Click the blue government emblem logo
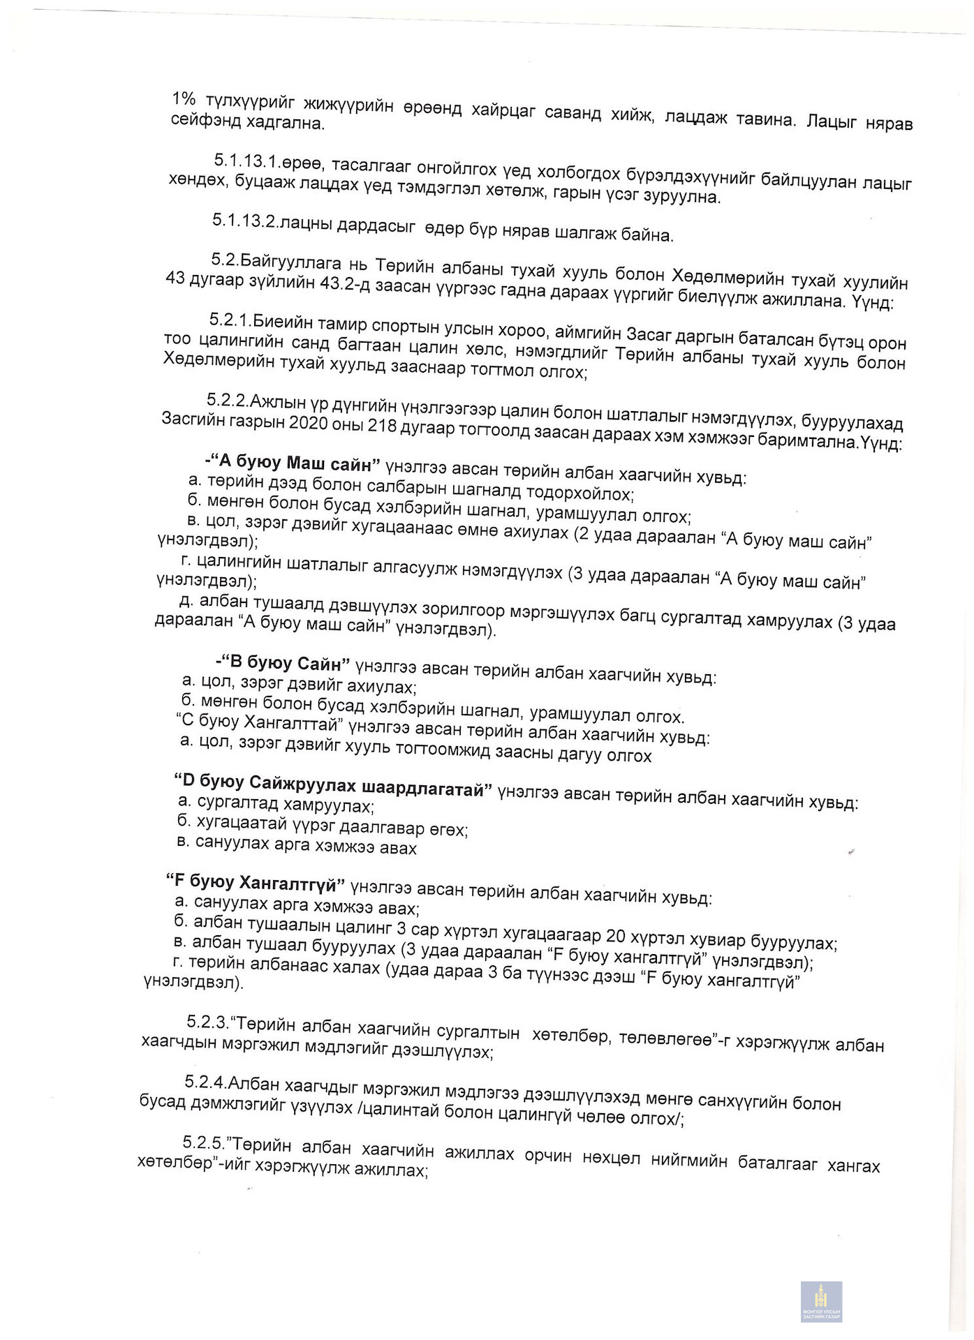[821, 1301]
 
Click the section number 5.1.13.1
[247, 161]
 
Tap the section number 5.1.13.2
[245, 221]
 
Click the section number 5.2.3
[207, 1022]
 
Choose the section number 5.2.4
[206, 1082]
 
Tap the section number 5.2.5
[204, 1142]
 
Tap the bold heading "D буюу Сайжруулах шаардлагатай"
[332, 785]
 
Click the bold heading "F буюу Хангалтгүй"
[256, 884]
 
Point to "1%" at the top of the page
[184, 98]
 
